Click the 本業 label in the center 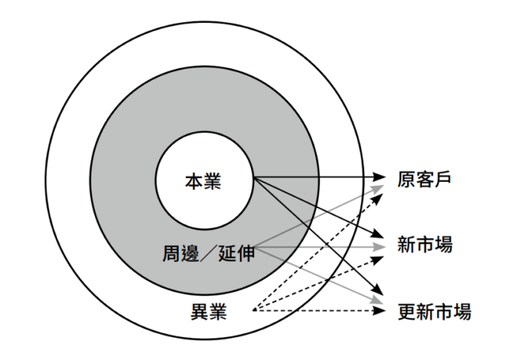[203, 180]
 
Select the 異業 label [209, 310]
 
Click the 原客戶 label [425, 180]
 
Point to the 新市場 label [425, 244]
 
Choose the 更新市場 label [434, 310]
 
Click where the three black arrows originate [253, 178]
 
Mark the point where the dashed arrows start [254, 310]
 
